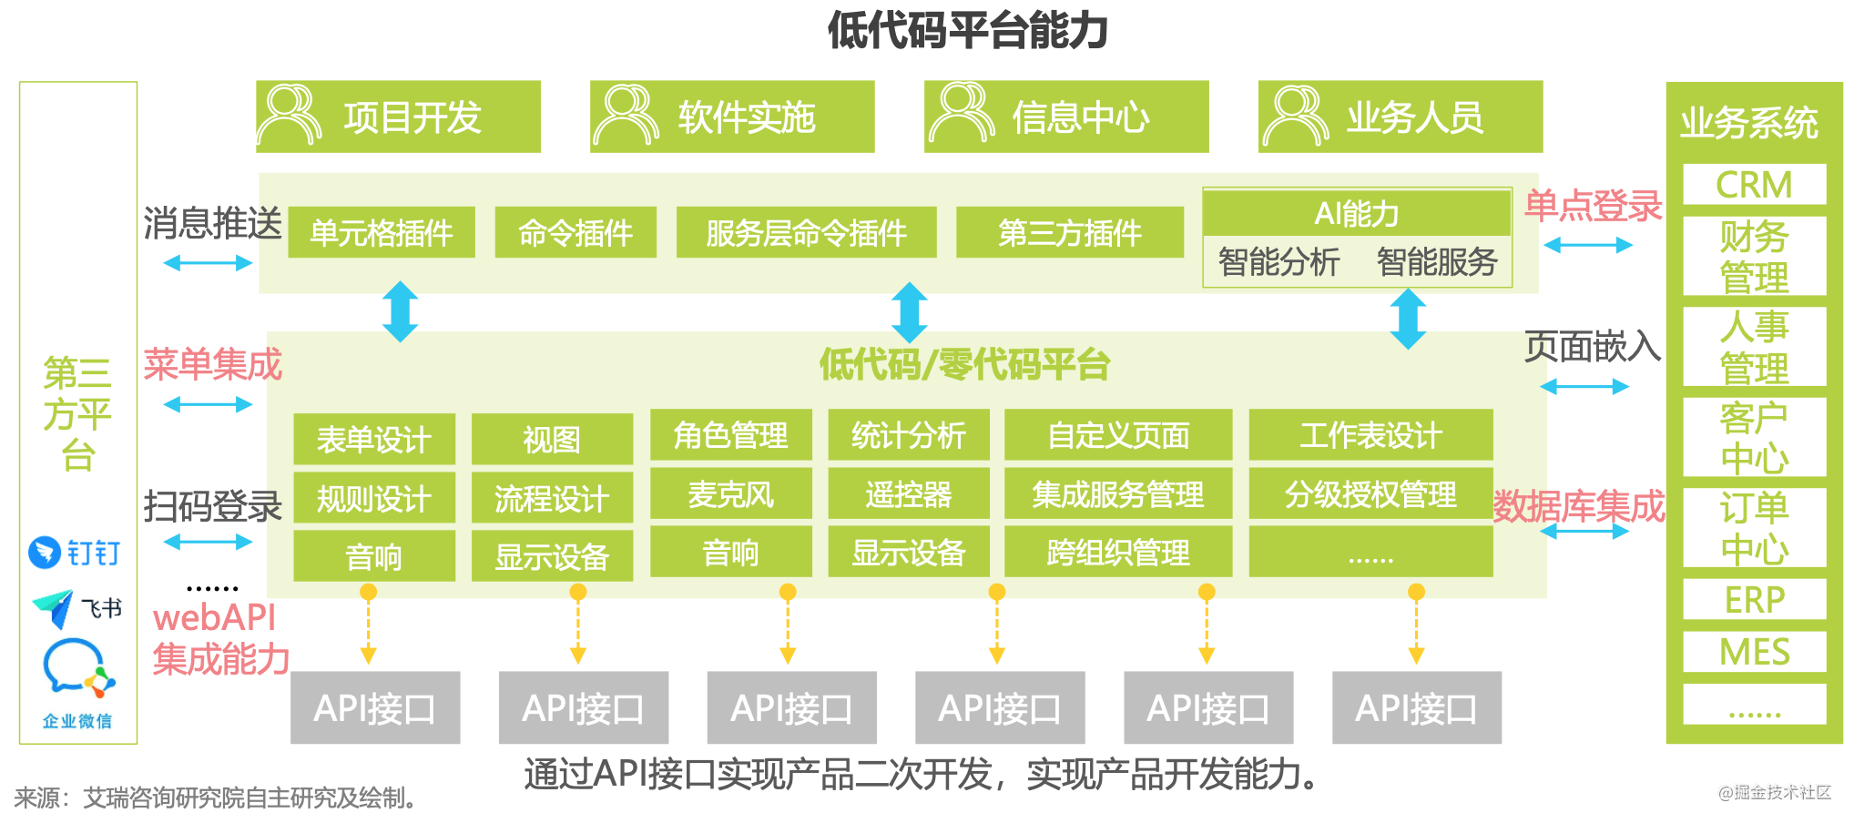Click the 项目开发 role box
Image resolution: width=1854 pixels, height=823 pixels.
click(x=398, y=117)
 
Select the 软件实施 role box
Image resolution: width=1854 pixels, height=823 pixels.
click(x=732, y=117)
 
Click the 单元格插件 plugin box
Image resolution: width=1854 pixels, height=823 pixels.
click(x=382, y=232)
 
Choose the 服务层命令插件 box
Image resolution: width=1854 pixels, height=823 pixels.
click(x=806, y=232)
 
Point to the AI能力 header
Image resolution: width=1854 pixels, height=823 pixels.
click(x=1357, y=213)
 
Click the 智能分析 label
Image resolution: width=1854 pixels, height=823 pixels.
click(x=1278, y=262)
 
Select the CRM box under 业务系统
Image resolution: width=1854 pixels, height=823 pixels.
click(x=1754, y=185)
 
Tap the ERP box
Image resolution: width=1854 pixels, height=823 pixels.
click(x=1754, y=600)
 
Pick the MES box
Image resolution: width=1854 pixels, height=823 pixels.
click(x=1754, y=652)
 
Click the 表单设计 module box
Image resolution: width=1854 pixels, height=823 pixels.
click(x=374, y=439)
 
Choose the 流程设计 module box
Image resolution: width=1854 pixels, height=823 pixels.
click(x=552, y=498)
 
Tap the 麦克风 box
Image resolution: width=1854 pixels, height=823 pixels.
click(x=730, y=493)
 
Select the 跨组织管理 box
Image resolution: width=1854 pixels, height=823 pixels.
click(x=1118, y=552)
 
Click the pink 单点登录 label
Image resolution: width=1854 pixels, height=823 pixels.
click(x=1594, y=206)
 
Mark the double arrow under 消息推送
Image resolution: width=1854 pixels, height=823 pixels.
click(x=208, y=263)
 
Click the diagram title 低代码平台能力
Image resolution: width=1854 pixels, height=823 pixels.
click(x=967, y=30)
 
